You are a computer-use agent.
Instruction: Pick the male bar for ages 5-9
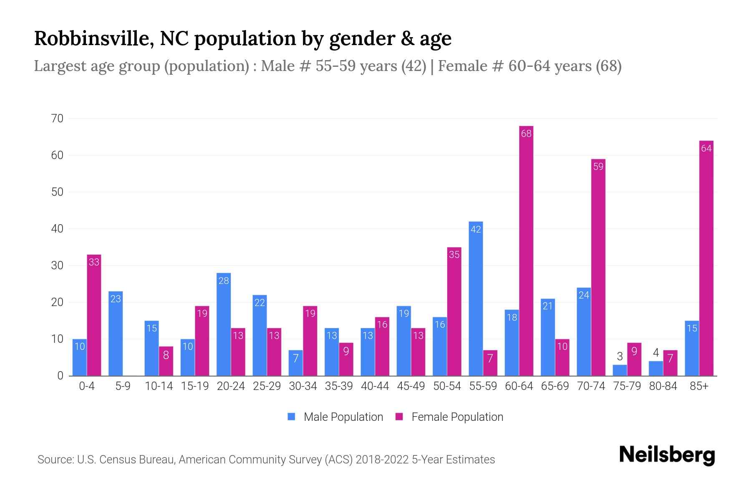tap(116, 334)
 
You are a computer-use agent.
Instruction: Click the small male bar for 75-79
tap(620, 370)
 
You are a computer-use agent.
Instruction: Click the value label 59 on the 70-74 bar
tap(598, 167)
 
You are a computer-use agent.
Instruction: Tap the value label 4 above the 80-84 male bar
tap(655, 353)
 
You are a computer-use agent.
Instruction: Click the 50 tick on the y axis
tap(57, 192)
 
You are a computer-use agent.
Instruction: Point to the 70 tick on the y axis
tap(57, 119)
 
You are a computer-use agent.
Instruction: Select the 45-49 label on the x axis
tap(411, 386)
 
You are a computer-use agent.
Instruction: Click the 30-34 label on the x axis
tap(302, 386)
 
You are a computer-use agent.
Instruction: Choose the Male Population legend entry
tap(335, 417)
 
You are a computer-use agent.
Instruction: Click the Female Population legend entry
tap(449, 417)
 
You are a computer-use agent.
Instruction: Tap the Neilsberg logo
tap(667, 455)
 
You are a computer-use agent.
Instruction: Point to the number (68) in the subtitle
tap(608, 66)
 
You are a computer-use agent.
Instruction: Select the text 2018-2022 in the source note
tap(382, 460)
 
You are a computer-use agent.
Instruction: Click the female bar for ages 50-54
tap(454, 313)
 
